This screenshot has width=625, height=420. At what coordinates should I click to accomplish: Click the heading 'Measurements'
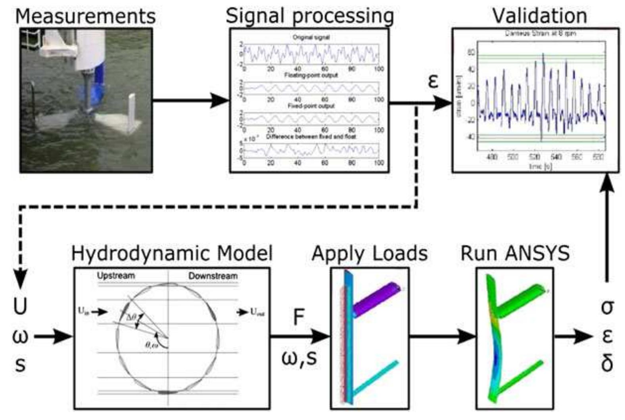85,17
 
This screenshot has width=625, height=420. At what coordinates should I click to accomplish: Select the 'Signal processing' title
310,16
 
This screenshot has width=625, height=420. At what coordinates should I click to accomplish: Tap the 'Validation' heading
539,16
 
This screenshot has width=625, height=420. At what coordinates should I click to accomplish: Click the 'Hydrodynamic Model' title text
172,254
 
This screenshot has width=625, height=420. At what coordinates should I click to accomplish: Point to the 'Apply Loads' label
370,254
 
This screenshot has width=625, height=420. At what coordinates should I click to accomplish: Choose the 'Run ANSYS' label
515,254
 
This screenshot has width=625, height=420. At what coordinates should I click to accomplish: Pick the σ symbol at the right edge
607,307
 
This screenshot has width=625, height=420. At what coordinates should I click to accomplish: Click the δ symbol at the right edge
607,363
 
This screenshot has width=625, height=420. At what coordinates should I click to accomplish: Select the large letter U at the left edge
20,307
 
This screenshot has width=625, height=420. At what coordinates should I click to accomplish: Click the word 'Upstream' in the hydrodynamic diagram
116,276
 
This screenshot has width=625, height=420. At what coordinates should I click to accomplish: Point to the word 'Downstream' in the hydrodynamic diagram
213,276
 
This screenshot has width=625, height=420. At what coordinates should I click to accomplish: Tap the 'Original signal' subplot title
311,38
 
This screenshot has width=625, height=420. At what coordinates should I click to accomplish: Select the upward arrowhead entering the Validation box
607,183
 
